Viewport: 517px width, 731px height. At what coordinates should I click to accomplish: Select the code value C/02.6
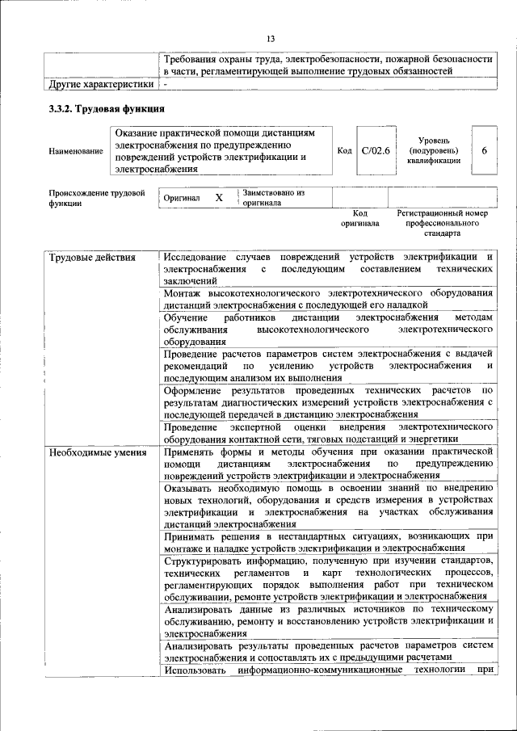[x=375, y=150]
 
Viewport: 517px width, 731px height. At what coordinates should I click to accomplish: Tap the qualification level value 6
[x=484, y=150]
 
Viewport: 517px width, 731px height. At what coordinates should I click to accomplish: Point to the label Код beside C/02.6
[x=344, y=151]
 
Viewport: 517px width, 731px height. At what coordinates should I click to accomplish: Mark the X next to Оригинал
[x=218, y=198]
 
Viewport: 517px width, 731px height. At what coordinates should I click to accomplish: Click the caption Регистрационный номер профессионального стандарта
[x=443, y=223]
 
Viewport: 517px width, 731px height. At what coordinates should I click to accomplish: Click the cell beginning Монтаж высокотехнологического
[x=327, y=298]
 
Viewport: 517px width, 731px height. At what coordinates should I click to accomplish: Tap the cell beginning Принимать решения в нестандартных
[x=327, y=541]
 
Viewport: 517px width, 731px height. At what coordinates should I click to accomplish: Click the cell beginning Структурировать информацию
[x=327, y=578]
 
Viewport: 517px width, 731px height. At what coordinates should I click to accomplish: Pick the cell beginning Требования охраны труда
[x=327, y=65]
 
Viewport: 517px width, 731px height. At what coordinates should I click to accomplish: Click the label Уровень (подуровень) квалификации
[x=435, y=150]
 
